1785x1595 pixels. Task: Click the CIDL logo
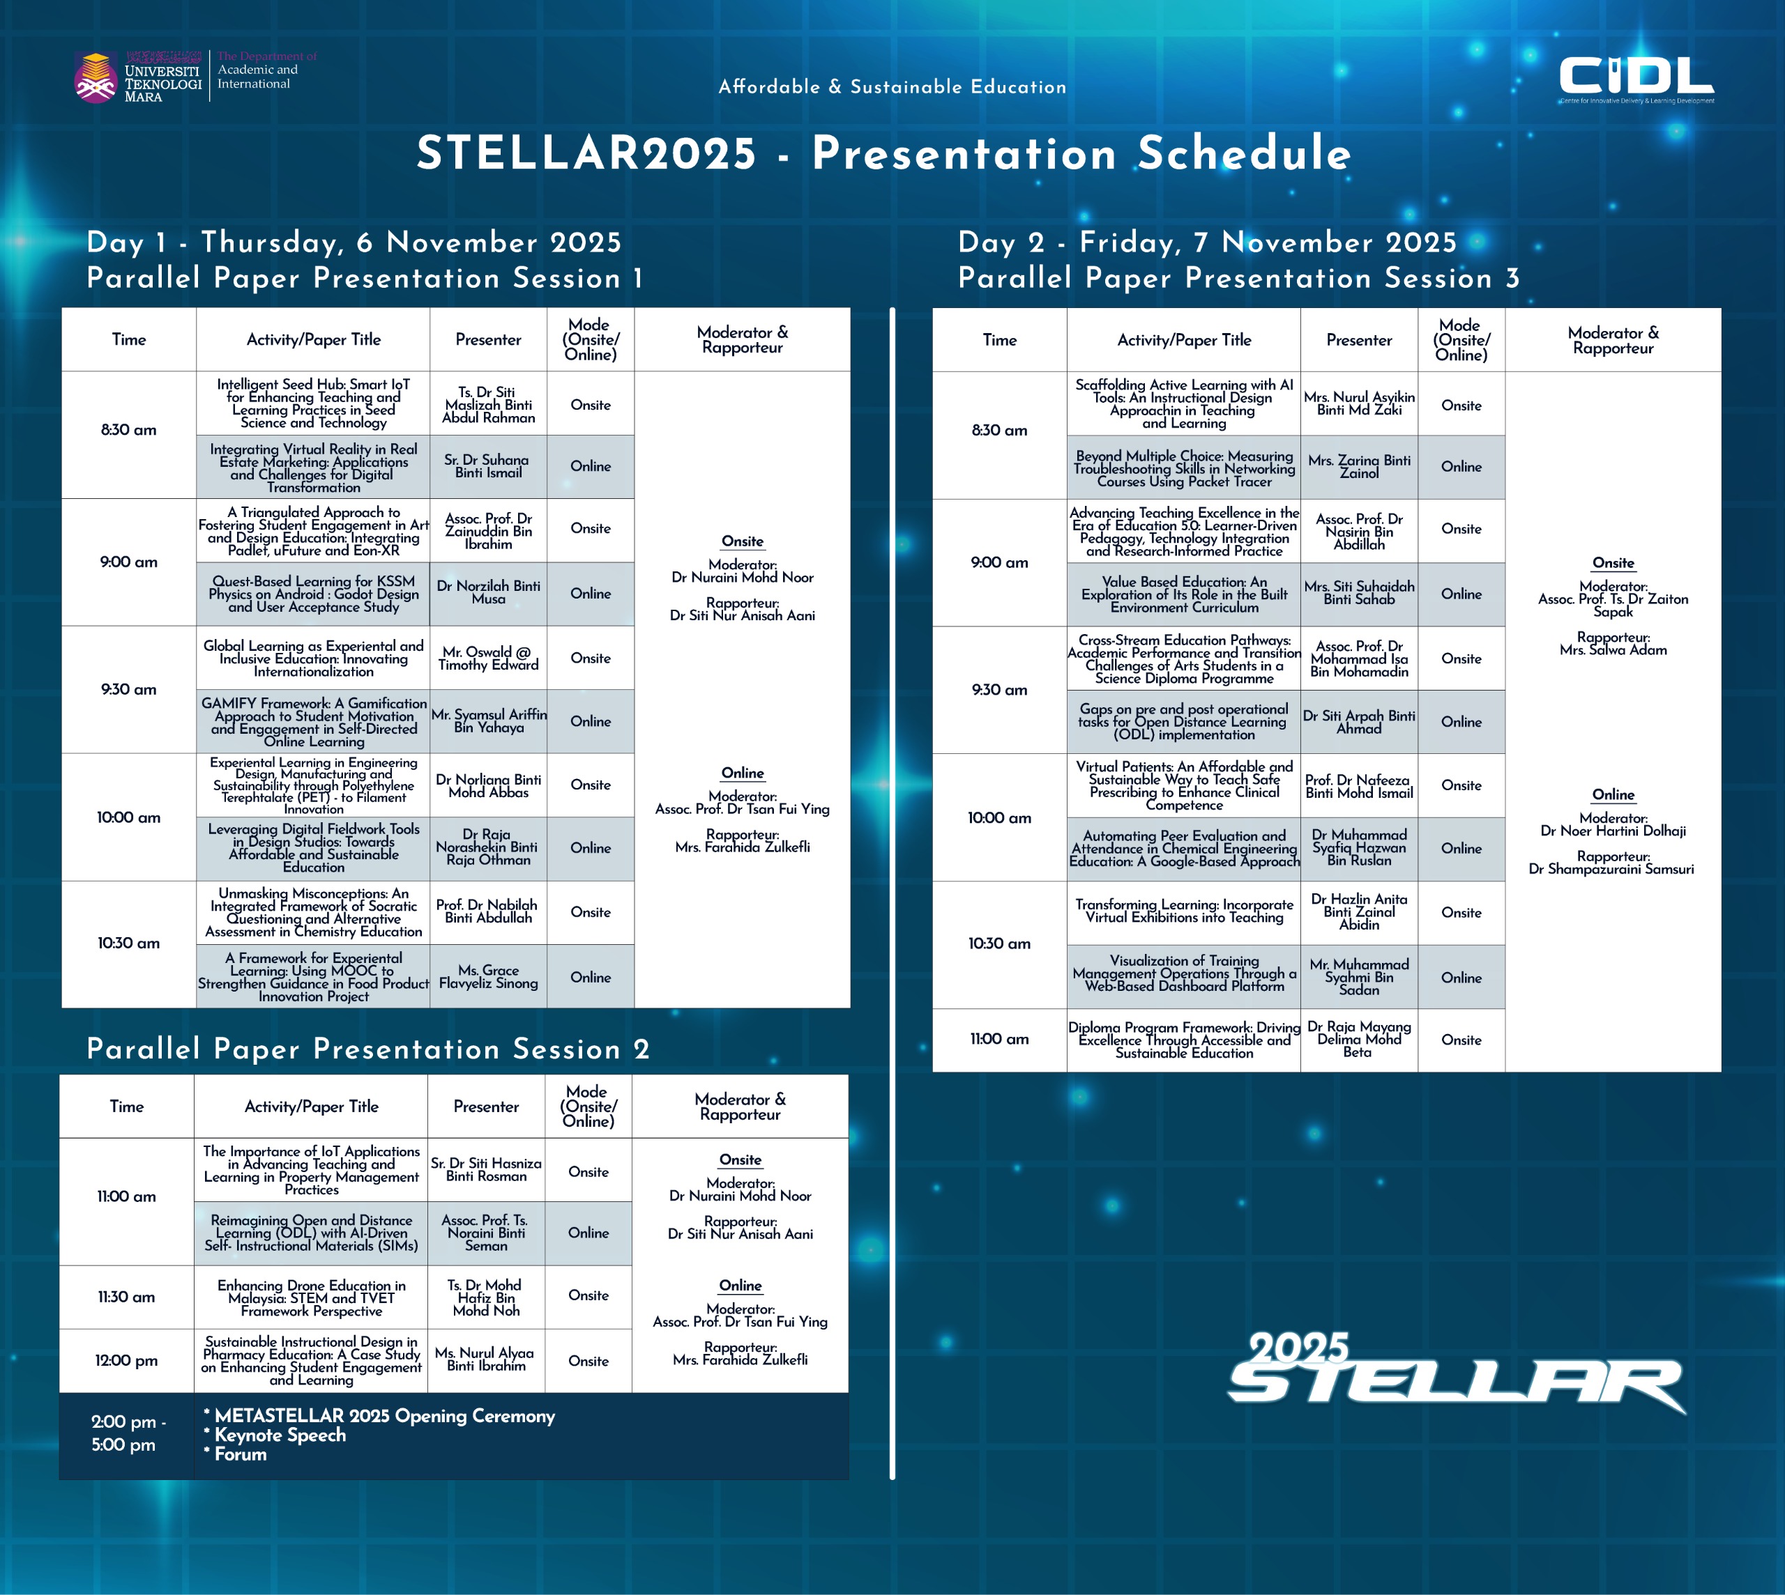click(x=1636, y=79)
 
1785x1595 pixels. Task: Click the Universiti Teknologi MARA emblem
click(x=96, y=78)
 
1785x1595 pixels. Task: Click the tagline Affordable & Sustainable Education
click(x=892, y=87)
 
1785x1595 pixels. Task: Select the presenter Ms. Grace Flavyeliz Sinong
click(x=488, y=976)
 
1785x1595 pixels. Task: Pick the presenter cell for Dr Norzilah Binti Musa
click(x=488, y=592)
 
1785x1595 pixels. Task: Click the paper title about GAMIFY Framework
click(x=314, y=721)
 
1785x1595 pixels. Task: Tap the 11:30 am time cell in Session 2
click(x=126, y=1297)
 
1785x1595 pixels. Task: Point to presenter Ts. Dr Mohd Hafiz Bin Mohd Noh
click(x=487, y=1297)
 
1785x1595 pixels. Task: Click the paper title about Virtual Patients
click(x=1185, y=785)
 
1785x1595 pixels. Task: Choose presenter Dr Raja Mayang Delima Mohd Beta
click(x=1359, y=1040)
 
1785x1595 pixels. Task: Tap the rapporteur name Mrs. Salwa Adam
click(x=1613, y=649)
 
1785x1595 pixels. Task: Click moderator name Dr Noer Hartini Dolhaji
click(x=1613, y=831)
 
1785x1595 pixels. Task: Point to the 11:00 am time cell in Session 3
click(x=999, y=1040)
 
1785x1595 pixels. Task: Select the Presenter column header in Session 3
click(x=1359, y=340)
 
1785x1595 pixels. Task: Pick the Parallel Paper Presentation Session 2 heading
click(x=368, y=1049)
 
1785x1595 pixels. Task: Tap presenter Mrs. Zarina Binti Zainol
click(x=1360, y=466)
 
